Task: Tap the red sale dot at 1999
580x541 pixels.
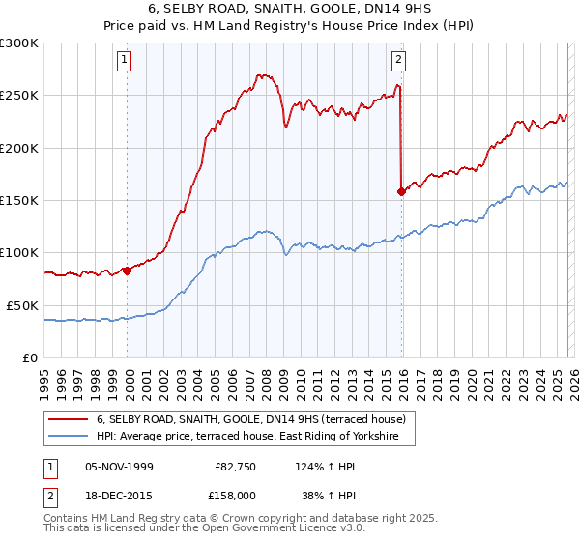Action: (x=127, y=270)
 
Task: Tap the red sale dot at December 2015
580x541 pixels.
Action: (x=401, y=191)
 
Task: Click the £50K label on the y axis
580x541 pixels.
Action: (x=22, y=305)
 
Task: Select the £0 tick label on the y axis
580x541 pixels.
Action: (x=29, y=357)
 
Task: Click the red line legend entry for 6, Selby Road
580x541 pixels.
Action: (x=256, y=419)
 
